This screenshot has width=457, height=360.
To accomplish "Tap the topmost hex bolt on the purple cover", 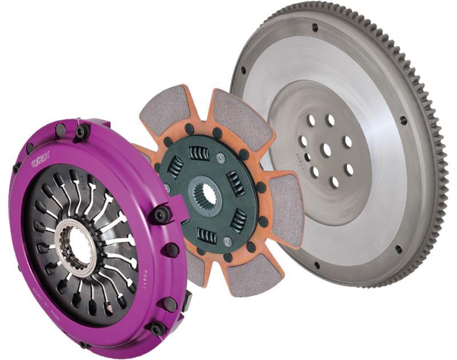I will pos(82,132).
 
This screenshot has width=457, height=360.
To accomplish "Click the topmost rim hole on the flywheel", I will pos(315,27).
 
